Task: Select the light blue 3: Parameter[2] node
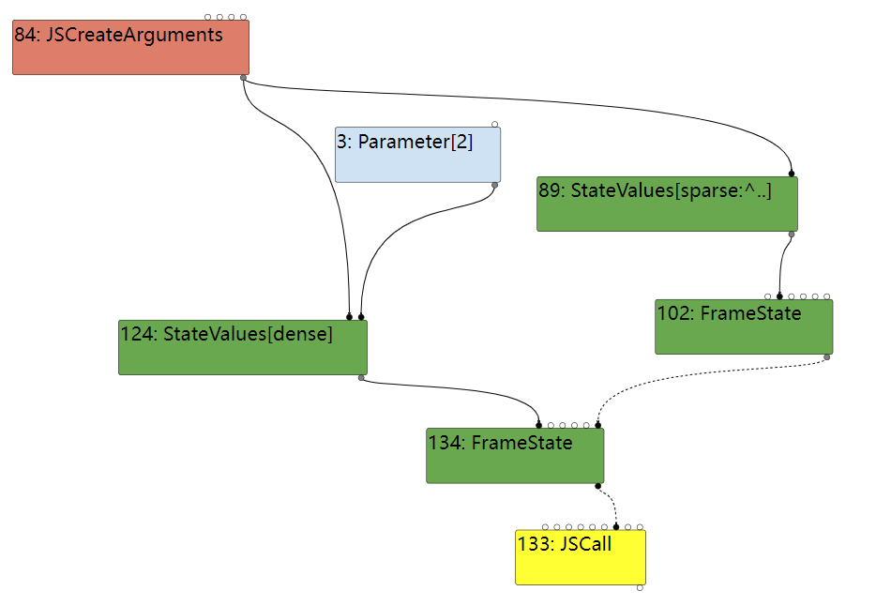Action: (417, 156)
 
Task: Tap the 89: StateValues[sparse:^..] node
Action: (667, 205)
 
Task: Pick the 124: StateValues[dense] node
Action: (242, 348)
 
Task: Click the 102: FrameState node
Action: (744, 327)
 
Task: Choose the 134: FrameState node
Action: (515, 457)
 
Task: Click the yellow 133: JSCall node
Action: (581, 558)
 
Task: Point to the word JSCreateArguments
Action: (135, 36)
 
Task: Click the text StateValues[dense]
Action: (248, 333)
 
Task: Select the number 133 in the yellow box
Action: (536, 543)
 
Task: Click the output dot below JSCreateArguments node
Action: (244, 77)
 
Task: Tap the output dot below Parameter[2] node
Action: (494, 185)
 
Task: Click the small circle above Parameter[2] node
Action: (494, 124)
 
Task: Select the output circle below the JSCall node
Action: (640, 587)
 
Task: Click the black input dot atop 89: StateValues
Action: (792, 174)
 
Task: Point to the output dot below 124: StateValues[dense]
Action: (361, 378)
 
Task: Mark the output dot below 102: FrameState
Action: (826, 357)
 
